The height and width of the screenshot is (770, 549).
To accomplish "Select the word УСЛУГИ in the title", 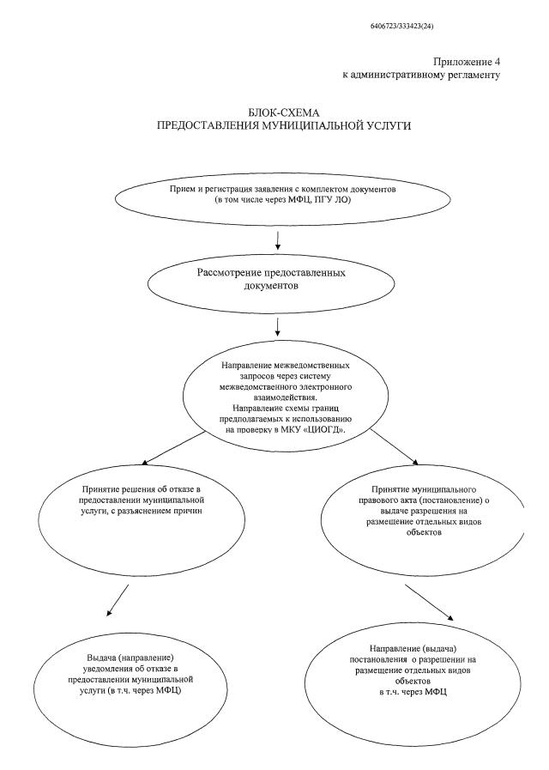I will click(x=364, y=126).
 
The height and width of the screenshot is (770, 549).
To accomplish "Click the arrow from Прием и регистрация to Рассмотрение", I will click(x=277, y=236).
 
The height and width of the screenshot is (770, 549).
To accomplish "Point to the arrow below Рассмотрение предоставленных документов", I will click(x=277, y=326).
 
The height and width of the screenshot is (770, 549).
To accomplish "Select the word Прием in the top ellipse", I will click(x=179, y=188).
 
